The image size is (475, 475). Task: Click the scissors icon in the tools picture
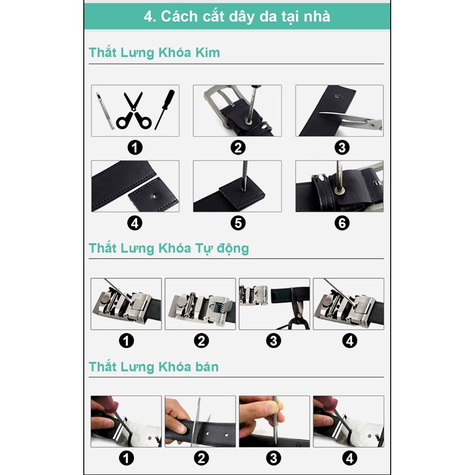[x=133, y=111]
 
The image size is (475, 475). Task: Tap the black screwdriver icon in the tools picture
[x=165, y=109]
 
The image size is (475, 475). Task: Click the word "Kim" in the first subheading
[x=208, y=53]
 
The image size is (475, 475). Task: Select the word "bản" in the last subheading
[x=207, y=367]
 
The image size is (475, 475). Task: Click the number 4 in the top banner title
[x=149, y=17]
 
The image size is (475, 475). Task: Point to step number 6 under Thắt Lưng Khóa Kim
[x=342, y=223]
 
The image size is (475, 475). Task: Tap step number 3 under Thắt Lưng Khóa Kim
[x=342, y=148]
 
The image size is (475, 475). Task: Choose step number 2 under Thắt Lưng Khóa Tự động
[x=201, y=341]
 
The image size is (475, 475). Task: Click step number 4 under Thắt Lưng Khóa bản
[x=350, y=458]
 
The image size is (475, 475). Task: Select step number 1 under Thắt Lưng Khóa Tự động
[x=126, y=341]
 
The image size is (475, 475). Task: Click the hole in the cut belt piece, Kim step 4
[x=154, y=196]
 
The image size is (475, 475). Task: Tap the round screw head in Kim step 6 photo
[x=339, y=191]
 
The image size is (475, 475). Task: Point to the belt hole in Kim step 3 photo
[x=337, y=97]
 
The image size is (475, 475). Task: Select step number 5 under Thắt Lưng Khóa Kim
[x=238, y=223]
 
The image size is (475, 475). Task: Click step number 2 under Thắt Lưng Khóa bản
[x=201, y=458]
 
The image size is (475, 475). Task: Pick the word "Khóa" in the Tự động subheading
[x=175, y=248]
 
